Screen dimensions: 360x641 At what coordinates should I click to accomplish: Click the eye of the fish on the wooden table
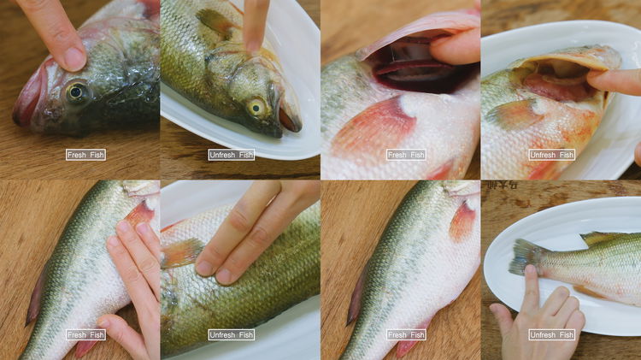pyautogui.click(x=76, y=91)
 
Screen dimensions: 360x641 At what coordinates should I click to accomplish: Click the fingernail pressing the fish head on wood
pyautogui.click(x=74, y=58)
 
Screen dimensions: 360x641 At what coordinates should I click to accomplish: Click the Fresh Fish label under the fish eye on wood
pyautogui.click(x=86, y=155)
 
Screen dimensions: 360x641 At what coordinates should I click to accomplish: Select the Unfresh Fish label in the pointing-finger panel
pyautogui.click(x=232, y=155)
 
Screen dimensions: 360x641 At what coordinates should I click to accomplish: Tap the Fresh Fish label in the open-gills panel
pyautogui.click(x=406, y=155)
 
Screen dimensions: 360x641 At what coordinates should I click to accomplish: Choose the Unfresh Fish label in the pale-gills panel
pyautogui.click(x=552, y=155)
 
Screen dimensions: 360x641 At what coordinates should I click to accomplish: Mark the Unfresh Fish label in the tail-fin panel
pyautogui.click(x=552, y=334)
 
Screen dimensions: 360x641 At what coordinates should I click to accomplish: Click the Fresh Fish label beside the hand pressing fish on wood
pyautogui.click(x=86, y=334)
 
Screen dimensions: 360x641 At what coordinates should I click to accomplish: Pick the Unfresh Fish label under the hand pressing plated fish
pyautogui.click(x=232, y=334)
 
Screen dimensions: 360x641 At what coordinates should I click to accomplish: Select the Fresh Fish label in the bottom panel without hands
pyautogui.click(x=406, y=334)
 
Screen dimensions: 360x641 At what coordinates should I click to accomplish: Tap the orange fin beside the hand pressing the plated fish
pyautogui.click(x=182, y=252)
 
